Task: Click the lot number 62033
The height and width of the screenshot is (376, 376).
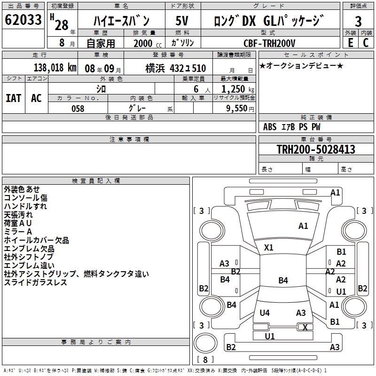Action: (23, 20)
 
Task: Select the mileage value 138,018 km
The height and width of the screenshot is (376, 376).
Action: (55, 68)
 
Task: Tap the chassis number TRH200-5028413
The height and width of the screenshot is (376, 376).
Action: (316, 149)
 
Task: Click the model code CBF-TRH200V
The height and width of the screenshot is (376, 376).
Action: (269, 43)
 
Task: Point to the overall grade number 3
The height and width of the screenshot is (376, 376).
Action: (358, 22)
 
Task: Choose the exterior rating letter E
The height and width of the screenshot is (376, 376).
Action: (350, 43)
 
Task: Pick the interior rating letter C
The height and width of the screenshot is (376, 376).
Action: (366, 43)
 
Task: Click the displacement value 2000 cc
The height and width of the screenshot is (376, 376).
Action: (148, 44)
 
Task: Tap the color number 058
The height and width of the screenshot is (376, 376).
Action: (78, 109)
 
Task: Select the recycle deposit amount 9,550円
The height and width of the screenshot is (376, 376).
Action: (240, 109)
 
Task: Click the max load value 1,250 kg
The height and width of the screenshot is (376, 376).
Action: (238, 89)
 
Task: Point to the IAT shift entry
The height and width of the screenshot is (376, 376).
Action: (14, 98)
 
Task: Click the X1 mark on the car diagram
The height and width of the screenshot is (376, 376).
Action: (268, 248)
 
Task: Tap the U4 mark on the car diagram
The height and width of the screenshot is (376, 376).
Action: (265, 313)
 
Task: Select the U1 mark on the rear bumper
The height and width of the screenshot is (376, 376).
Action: (270, 336)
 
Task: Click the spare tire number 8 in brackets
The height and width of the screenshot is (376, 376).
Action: (205, 360)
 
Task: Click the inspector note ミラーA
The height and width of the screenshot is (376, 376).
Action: (18, 232)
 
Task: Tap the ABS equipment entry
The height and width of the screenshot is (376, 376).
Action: (270, 127)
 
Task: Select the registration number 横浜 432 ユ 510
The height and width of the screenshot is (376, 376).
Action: (175, 69)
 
